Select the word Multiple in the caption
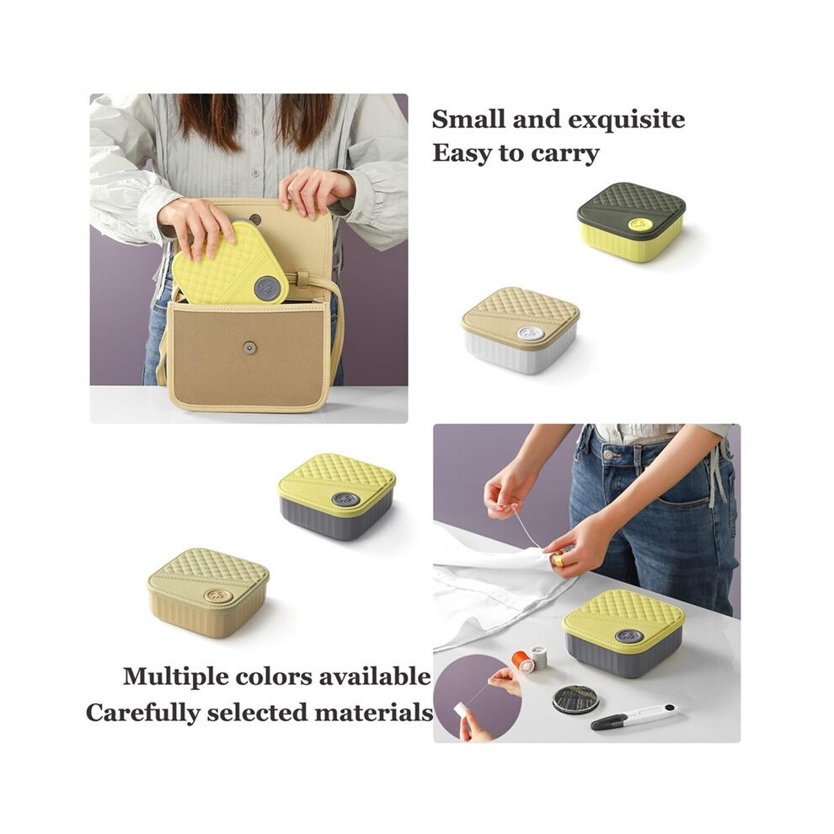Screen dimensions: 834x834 175,677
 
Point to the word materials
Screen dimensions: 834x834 373,712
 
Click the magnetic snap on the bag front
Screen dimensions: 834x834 248,347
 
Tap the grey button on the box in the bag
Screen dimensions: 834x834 268,288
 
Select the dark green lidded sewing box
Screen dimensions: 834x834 631,222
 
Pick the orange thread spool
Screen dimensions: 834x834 521,660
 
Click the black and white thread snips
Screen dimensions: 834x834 633,716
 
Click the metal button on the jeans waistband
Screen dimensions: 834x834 610,455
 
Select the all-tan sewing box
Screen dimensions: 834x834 208,593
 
